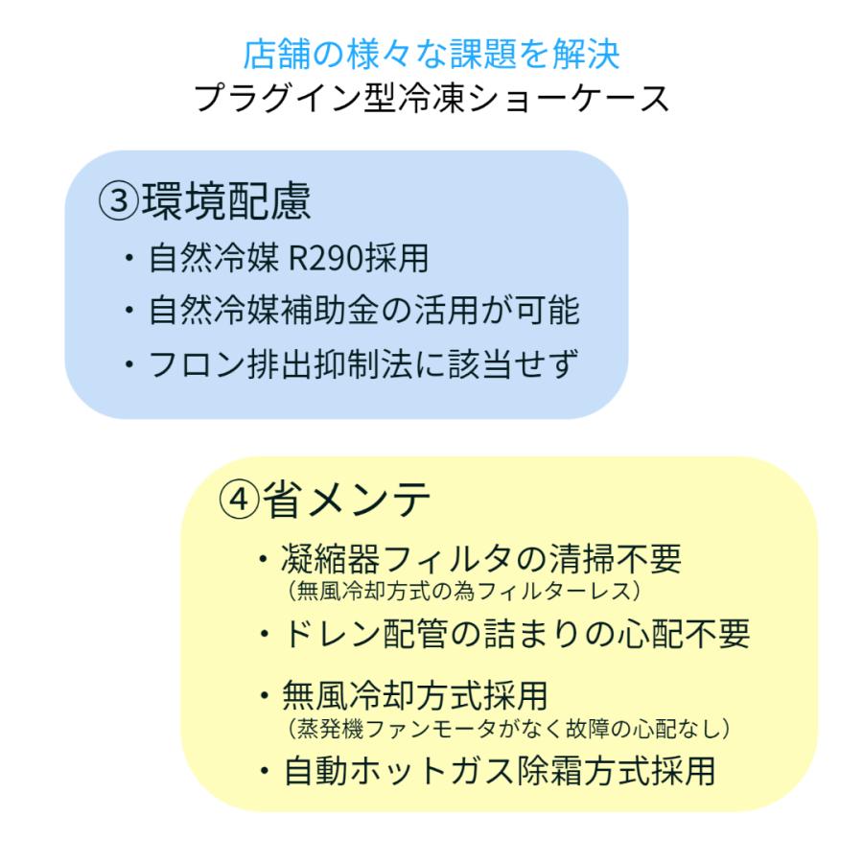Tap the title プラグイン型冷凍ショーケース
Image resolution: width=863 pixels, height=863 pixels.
click(431, 99)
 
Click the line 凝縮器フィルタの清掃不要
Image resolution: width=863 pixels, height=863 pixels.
click(481, 558)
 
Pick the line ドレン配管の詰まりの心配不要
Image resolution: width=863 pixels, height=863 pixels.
click(516, 633)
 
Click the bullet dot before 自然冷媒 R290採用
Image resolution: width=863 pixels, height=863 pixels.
click(129, 261)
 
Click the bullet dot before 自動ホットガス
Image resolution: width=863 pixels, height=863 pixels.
click(263, 772)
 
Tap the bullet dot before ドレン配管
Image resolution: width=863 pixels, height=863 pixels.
click(263, 634)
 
